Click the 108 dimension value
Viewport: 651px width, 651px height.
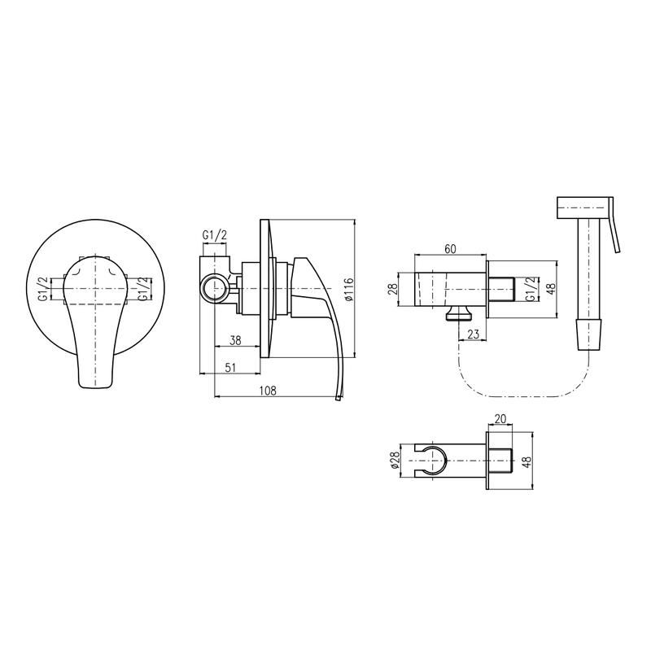pos(268,391)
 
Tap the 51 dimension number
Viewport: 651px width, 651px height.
pos(230,367)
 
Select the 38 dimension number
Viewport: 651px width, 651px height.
pos(235,340)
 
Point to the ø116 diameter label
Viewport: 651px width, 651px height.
pos(349,289)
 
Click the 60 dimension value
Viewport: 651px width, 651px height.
pos(450,249)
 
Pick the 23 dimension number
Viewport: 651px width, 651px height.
pos(473,334)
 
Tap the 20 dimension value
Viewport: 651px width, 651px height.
pos(500,419)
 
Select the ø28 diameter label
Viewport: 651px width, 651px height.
pos(395,461)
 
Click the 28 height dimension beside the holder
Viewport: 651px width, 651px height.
pos(392,289)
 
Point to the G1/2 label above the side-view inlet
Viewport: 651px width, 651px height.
pos(215,235)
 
